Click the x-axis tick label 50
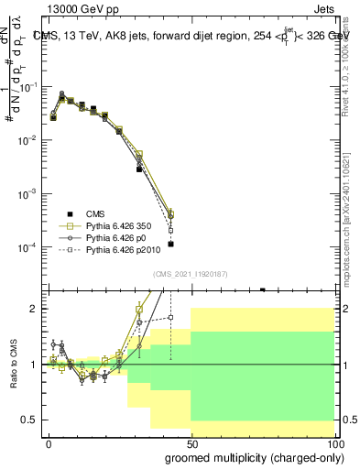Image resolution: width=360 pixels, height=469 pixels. click(191, 442)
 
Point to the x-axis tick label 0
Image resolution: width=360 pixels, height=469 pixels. click(49, 442)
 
